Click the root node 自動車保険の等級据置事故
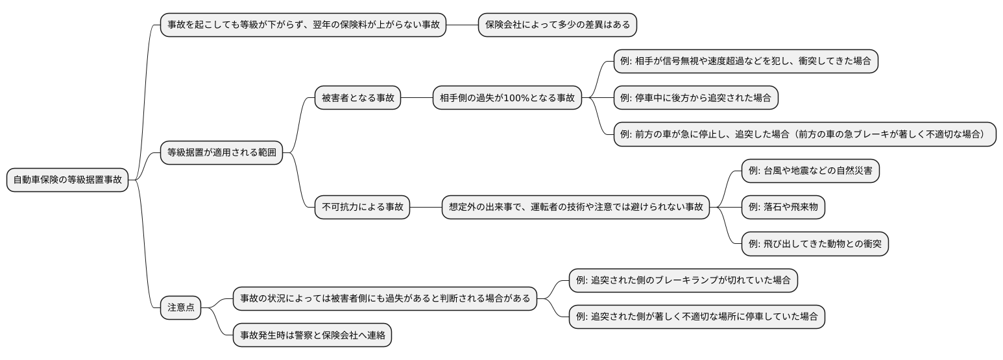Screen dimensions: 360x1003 (x=67, y=180)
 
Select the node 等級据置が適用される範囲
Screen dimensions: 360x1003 (x=221, y=153)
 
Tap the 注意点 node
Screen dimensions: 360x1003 (x=180, y=307)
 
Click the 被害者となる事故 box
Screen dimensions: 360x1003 (x=357, y=98)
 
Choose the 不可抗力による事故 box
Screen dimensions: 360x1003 (x=362, y=208)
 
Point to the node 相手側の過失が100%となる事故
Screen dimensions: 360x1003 (x=507, y=98)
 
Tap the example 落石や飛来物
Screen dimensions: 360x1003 (x=783, y=208)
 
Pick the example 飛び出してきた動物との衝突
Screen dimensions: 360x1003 (x=814, y=244)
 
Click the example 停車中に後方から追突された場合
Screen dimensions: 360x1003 (x=695, y=98)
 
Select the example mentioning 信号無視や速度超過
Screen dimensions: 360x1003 (x=746, y=62)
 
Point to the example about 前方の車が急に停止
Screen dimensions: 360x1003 (x=804, y=134)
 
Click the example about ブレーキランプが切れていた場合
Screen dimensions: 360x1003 (x=683, y=280)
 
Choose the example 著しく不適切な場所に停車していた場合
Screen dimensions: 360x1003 (x=697, y=317)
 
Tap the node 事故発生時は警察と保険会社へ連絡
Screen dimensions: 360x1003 (x=312, y=335)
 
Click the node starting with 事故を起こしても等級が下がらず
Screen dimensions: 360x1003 (x=303, y=25)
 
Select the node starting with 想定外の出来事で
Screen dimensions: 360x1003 (x=575, y=208)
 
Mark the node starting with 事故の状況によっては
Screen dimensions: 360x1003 (x=385, y=298)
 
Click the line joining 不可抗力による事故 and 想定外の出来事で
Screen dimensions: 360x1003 (x=426, y=208)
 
